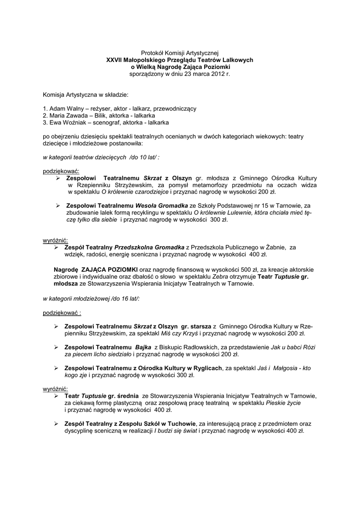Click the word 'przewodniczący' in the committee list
(x=177, y=108)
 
